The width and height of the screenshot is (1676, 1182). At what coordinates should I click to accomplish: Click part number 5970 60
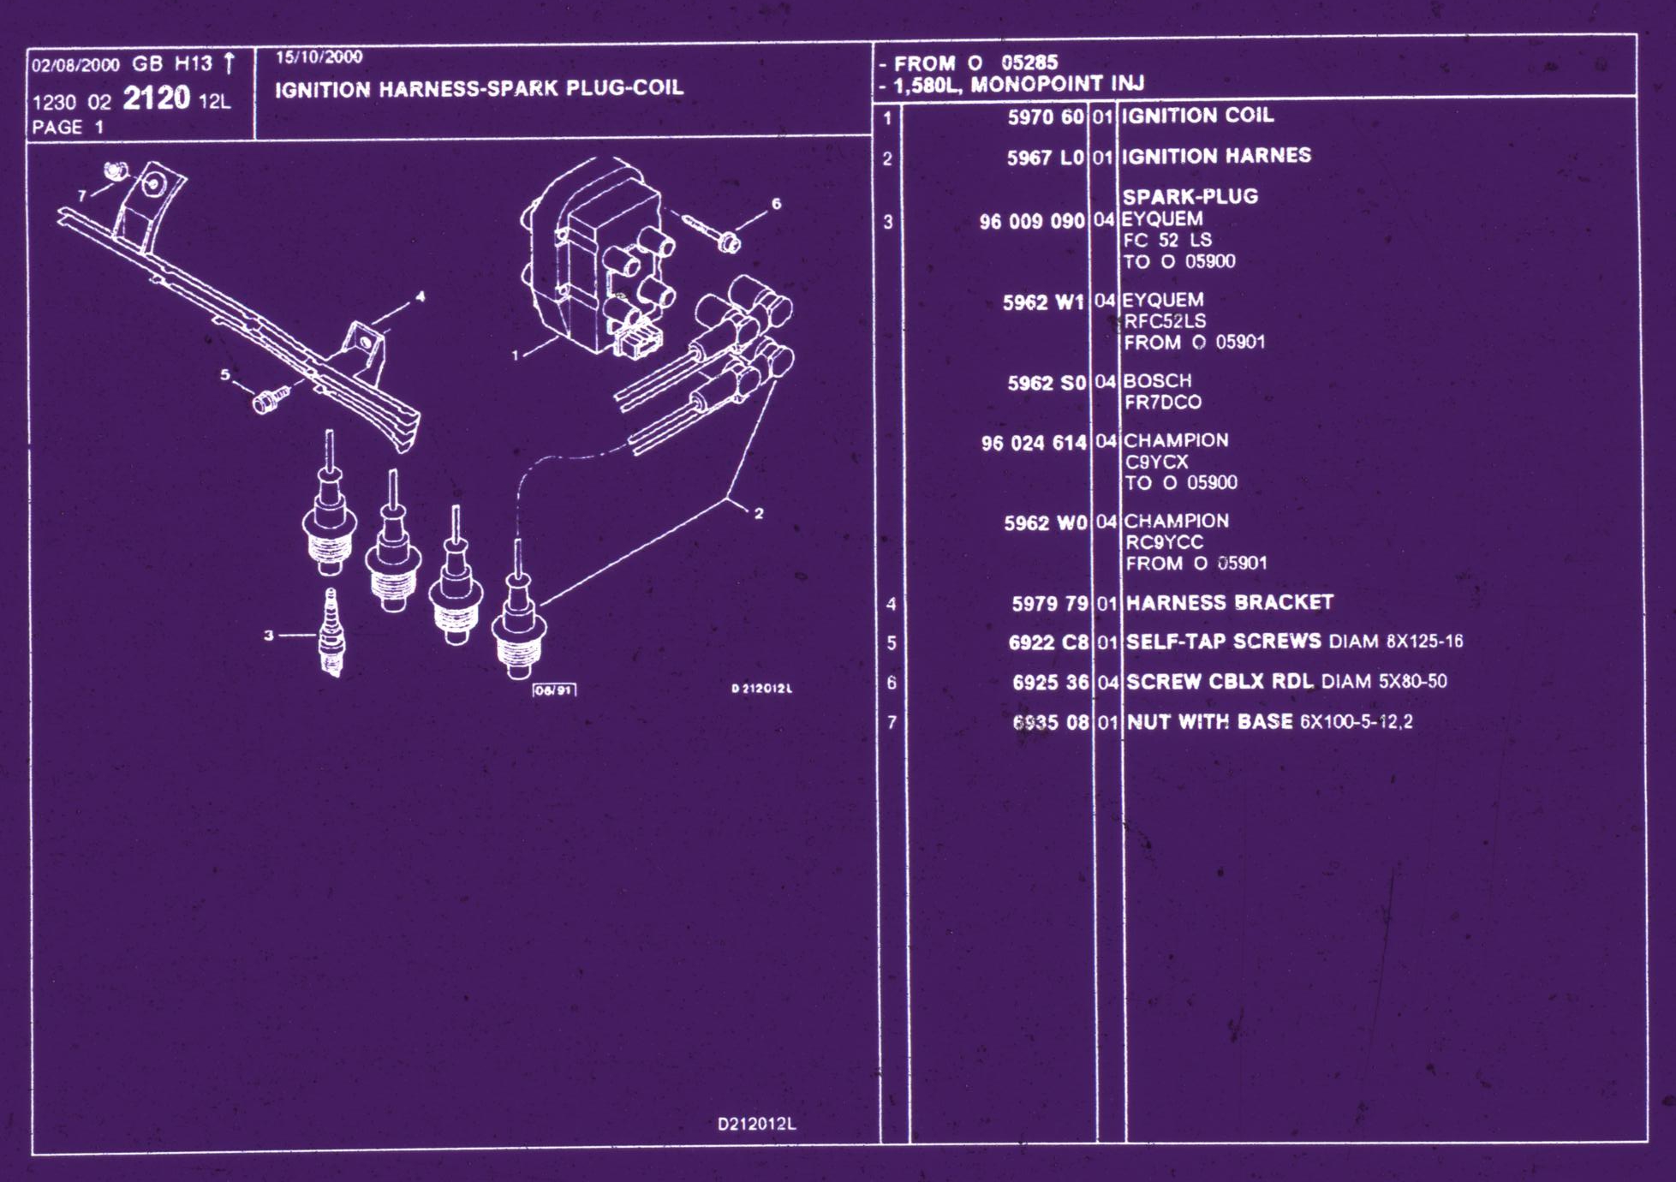click(1045, 116)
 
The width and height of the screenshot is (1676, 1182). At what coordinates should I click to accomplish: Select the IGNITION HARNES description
click(1216, 156)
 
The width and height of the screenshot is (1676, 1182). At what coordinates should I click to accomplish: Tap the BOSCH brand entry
click(1157, 381)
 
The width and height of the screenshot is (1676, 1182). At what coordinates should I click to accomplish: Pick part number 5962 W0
click(1045, 522)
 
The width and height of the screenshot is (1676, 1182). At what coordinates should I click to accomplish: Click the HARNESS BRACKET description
click(1229, 603)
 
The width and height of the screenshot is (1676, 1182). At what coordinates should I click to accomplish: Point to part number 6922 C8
click(1048, 642)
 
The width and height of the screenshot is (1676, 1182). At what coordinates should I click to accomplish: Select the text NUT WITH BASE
click(1209, 722)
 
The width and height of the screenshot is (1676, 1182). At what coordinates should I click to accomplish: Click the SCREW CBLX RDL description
click(1220, 682)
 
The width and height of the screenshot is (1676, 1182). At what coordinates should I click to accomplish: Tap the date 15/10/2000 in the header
click(319, 57)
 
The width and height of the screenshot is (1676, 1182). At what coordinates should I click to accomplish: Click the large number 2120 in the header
click(156, 98)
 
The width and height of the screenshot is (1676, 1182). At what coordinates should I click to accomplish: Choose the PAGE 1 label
click(67, 128)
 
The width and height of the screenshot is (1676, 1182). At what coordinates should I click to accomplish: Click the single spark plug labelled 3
click(332, 634)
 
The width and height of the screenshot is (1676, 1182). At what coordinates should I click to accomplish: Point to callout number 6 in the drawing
click(776, 204)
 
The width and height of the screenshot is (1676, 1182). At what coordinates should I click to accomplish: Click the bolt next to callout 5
click(268, 399)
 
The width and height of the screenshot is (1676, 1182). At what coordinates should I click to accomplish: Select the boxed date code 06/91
click(554, 690)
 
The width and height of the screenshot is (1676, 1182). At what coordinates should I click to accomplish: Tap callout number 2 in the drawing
click(759, 513)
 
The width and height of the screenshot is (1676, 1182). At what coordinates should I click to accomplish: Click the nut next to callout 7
click(116, 170)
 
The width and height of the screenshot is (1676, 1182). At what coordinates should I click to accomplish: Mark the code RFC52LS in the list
click(1165, 321)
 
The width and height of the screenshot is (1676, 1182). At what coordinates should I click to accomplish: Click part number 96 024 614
click(1033, 443)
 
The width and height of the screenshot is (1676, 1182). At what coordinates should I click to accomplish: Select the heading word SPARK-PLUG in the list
click(1190, 196)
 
